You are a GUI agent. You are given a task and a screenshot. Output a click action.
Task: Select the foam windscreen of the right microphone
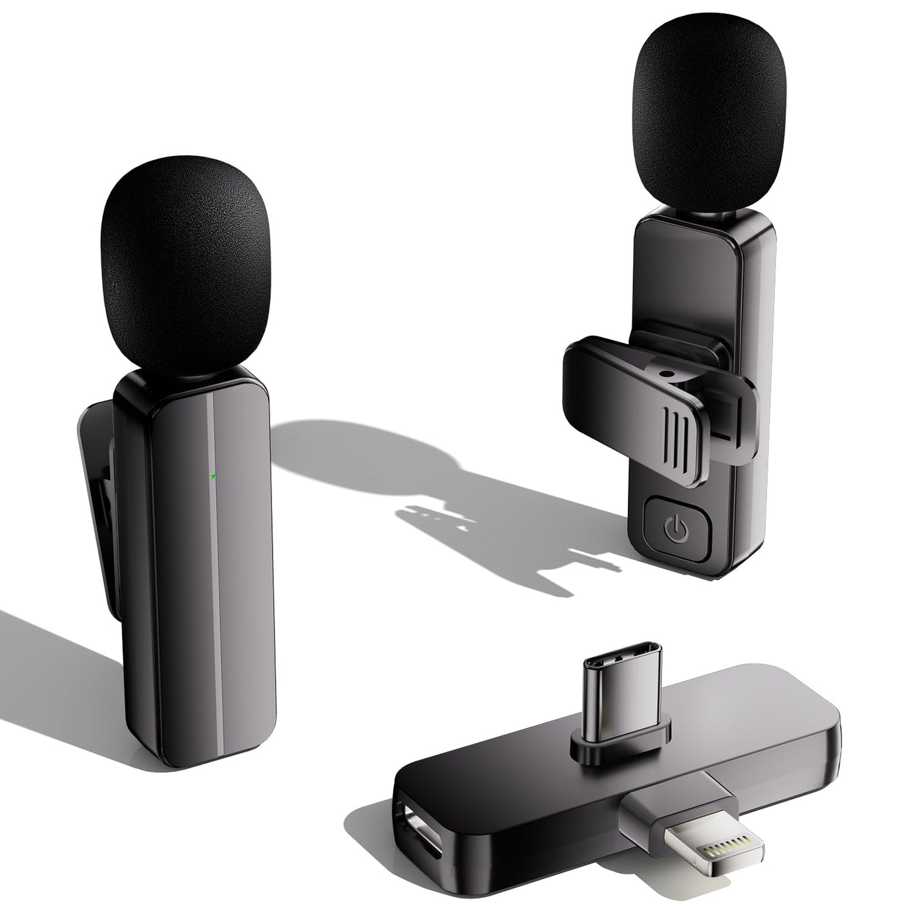pos(710,126)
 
